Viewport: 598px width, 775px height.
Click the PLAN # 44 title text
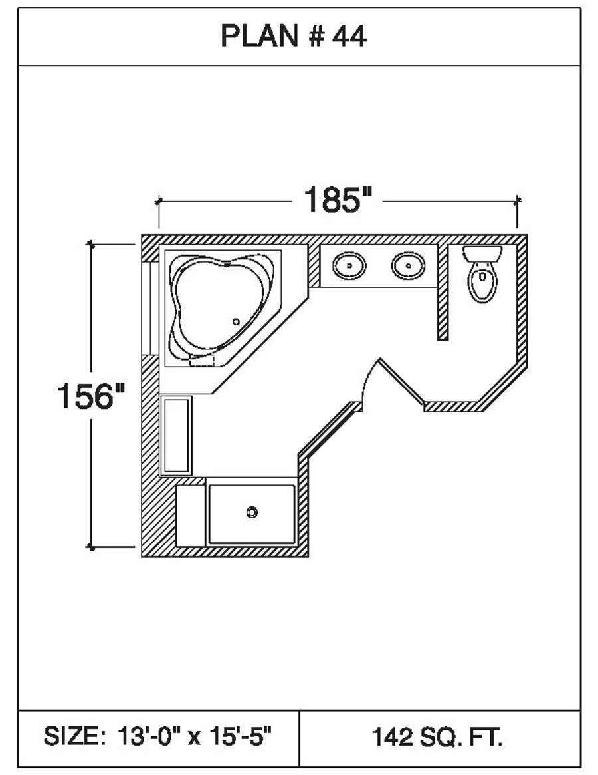[293, 37]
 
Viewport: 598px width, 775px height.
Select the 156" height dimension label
[90, 397]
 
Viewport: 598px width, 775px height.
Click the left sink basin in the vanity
[349, 267]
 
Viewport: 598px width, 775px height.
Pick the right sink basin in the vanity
[407, 267]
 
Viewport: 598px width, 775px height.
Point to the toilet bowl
[482, 282]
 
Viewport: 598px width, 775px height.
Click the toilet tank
[482, 253]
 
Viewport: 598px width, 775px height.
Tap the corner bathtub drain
[236, 321]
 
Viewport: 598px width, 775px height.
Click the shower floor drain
[251, 512]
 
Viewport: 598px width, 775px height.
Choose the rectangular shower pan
[251, 514]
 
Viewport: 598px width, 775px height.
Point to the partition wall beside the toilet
[443, 293]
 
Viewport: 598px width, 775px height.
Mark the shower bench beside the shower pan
[191, 516]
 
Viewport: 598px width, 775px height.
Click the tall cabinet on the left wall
[176, 435]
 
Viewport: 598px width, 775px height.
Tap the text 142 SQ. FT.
[437, 737]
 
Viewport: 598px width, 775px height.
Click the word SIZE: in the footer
[73, 737]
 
